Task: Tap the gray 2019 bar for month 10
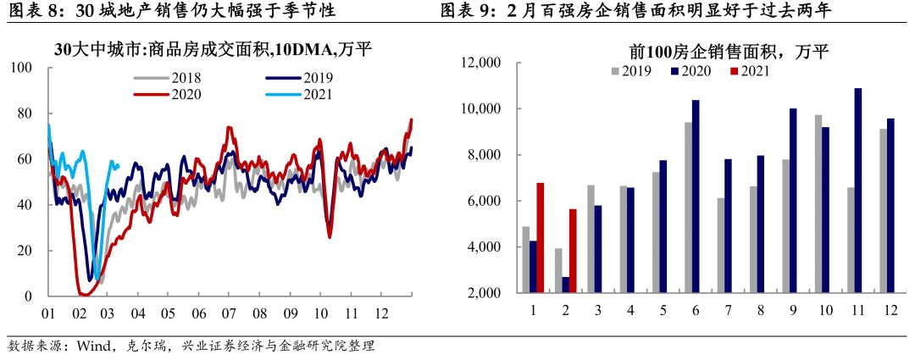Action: pos(818,203)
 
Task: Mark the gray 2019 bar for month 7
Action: pos(720,246)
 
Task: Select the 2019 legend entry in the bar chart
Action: pos(630,71)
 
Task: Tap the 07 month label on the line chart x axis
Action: pos(228,313)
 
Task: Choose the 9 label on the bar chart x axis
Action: pos(791,311)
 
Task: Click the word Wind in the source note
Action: pos(91,346)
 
